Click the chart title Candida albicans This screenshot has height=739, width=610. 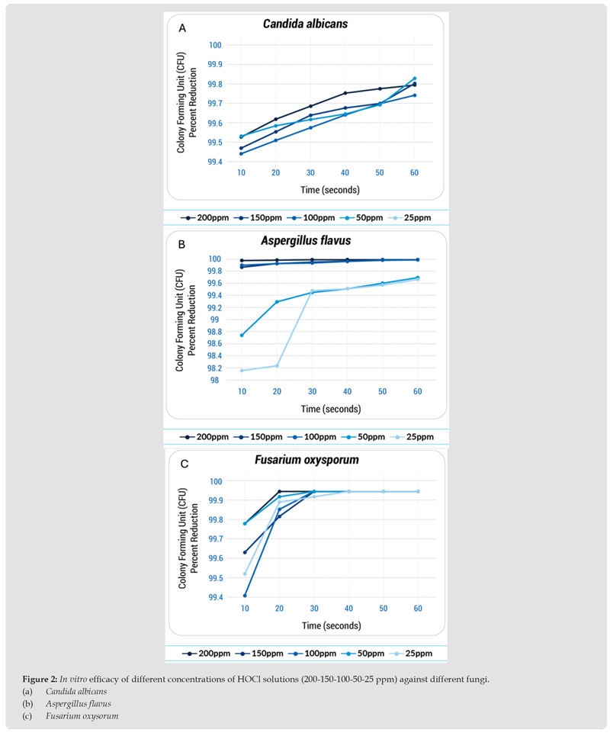tap(305, 24)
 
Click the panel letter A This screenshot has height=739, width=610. tap(182, 28)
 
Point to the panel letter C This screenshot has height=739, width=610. tap(182, 464)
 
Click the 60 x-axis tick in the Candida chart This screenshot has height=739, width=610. tap(414, 173)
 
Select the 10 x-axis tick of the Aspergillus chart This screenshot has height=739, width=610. tap(242, 392)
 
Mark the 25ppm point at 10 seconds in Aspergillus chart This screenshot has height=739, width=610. tap(242, 371)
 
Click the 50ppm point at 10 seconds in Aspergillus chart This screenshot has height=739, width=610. tap(242, 335)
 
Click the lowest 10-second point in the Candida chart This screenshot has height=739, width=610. tap(242, 153)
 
